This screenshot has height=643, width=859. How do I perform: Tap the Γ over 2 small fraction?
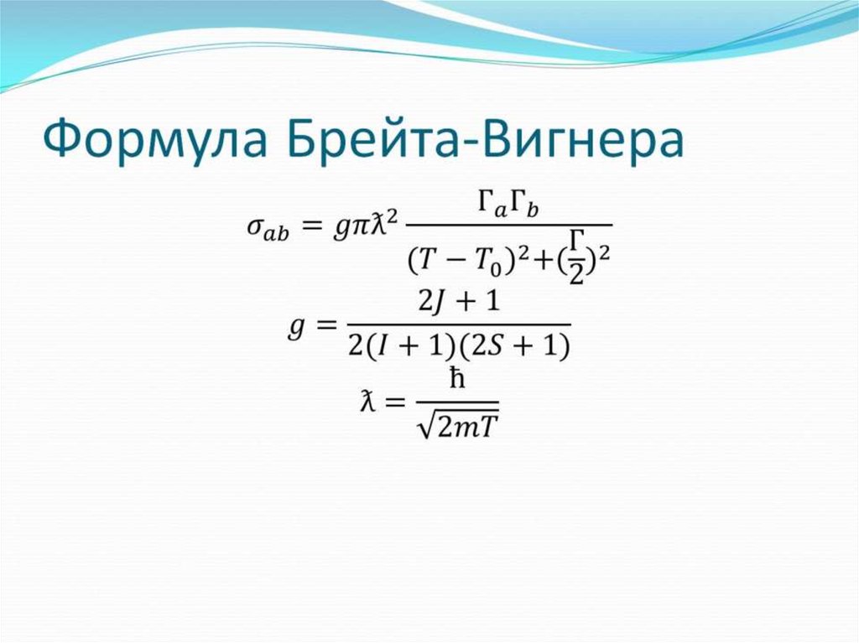(576, 262)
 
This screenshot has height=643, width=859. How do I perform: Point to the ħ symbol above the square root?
(456, 381)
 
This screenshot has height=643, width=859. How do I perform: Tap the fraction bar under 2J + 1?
(458, 324)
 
